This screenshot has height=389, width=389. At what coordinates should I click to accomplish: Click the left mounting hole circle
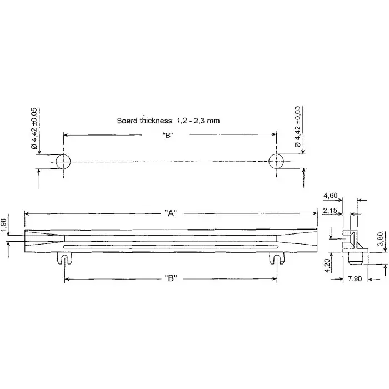point(63,162)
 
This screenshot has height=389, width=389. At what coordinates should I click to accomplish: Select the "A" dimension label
point(171,213)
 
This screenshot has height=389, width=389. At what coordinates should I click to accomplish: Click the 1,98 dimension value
point(4,226)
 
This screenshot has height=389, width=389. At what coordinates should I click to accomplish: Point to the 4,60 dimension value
point(330,195)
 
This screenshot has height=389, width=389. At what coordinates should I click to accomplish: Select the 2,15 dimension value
point(330,210)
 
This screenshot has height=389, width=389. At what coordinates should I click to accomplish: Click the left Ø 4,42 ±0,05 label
point(34,127)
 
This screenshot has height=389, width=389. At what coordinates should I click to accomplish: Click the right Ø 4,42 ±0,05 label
point(298,127)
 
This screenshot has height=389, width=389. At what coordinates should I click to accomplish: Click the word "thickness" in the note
point(158,120)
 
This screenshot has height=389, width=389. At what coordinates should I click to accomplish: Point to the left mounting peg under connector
point(65,258)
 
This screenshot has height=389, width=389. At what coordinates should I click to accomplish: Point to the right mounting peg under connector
point(276,258)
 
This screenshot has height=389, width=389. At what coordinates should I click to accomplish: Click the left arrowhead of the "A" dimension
point(27,213)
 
